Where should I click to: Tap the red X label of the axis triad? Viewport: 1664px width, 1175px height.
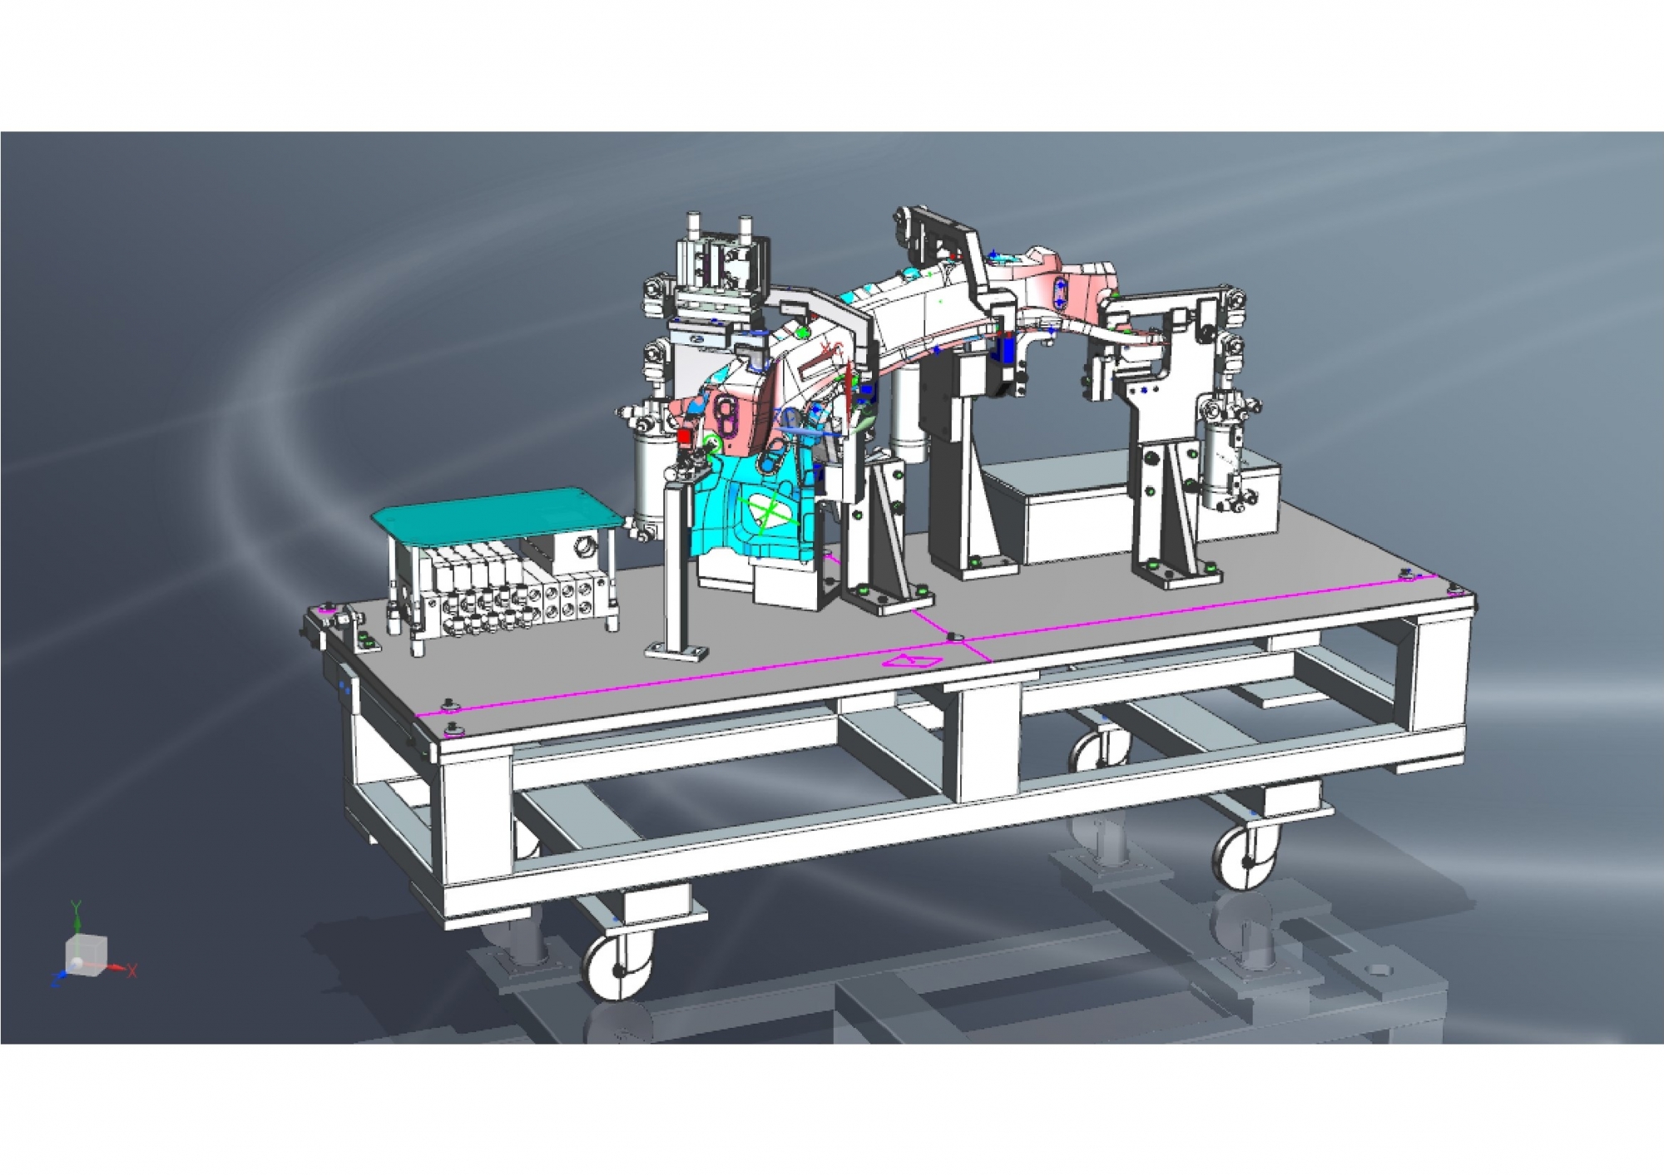click(x=132, y=970)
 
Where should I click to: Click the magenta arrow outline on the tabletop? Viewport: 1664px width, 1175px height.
click(x=913, y=661)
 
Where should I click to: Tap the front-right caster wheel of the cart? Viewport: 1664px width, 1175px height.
click(x=1246, y=857)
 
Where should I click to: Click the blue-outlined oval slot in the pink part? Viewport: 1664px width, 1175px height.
click(x=1059, y=294)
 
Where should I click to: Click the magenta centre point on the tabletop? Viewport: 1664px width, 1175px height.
click(x=953, y=637)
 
